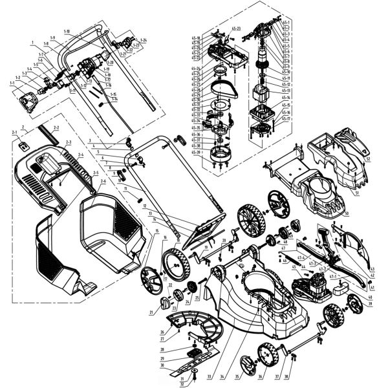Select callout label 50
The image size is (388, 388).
coord(347,213)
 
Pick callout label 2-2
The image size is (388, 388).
coord(56,128)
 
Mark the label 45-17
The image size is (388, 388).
coord(286,119)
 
